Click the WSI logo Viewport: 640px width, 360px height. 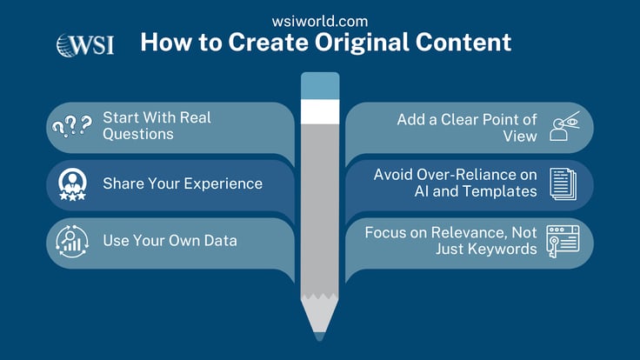(x=84, y=44)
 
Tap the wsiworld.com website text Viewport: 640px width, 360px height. (x=319, y=20)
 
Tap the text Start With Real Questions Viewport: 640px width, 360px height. (x=157, y=125)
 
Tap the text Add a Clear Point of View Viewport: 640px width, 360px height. (x=469, y=127)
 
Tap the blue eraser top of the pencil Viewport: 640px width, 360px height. (x=319, y=86)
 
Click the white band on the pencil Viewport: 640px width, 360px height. (x=319, y=111)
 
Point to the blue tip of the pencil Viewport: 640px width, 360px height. (x=319, y=336)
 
